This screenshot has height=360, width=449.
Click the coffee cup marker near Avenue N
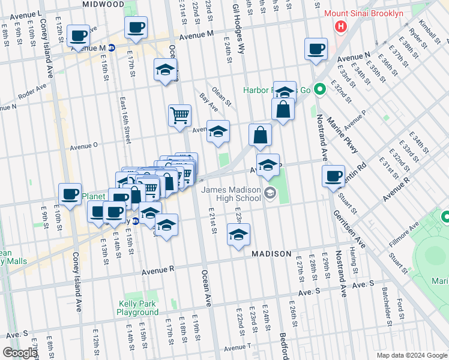[x=316, y=50]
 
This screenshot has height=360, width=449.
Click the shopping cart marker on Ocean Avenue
[x=179, y=115]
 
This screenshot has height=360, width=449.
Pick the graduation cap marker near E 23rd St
[x=238, y=235]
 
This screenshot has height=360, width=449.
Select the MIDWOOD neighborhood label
[x=103, y=4]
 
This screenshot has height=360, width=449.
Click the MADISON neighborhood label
[x=271, y=254]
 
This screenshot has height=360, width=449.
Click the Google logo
[x=19, y=353]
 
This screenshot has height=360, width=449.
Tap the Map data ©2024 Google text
[x=411, y=355]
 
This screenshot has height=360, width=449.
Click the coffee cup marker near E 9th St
[x=70, y=194]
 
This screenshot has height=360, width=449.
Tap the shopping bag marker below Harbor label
[x=282, y=110]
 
